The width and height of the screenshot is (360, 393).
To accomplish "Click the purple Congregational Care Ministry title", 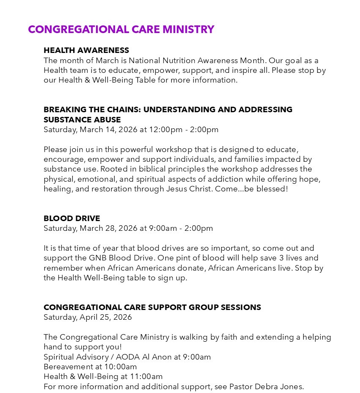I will (121, 29).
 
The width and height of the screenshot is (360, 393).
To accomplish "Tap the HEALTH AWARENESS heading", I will (86, 50).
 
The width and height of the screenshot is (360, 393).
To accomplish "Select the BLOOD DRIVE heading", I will (72, 218).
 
